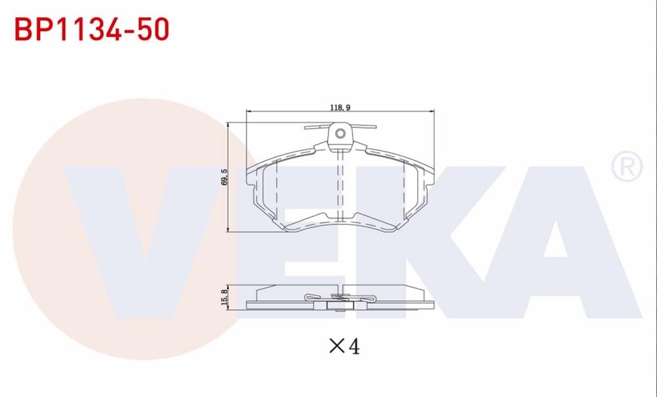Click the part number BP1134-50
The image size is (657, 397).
tap(92, 30)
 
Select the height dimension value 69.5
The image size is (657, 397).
tap(224, 177)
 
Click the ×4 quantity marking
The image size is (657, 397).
tap(344, 346)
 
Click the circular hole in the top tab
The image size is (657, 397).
tap(340, 134)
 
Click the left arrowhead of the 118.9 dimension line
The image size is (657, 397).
tap(248, 113)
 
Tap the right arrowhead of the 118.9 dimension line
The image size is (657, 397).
tap(432, 113)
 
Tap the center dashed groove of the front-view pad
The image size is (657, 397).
tap(340, 187)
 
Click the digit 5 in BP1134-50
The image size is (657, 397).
tap(141, 30)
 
